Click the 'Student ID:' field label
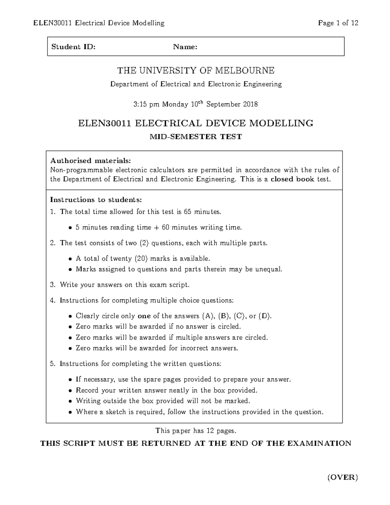73,47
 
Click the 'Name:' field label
185,47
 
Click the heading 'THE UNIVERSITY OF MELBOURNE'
196,70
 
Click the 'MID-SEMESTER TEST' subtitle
196,137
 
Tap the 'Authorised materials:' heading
90,161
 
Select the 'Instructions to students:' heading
96,200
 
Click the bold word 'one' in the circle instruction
144,316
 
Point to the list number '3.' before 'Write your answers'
53,285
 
